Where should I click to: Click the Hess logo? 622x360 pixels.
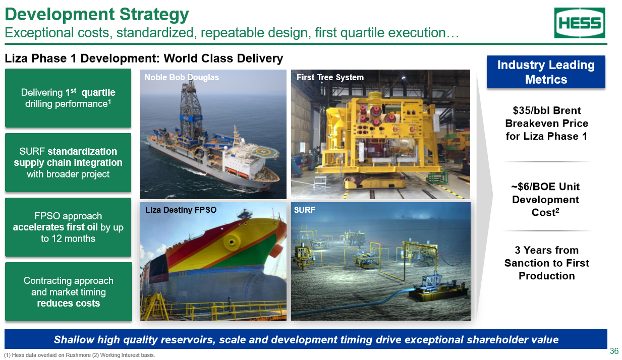[580, 23]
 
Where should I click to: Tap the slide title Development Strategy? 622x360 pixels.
[97, 14]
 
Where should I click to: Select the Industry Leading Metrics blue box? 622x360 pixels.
[546, 72]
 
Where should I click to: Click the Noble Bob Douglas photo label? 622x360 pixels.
[182, 77]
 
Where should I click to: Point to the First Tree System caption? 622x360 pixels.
[330, 77]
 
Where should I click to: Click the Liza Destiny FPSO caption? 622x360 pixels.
[181, 210]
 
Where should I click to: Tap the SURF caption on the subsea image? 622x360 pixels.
[305, 210]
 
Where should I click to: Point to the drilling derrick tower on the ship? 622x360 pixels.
[191, 108]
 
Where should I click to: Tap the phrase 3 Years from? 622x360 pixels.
[546, 250]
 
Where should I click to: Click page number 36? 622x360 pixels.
[614, 351]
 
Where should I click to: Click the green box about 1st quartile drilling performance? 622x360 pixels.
[68, 98]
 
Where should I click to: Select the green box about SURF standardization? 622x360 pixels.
[68, 163]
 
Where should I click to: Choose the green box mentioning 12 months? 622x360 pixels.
[68, 227]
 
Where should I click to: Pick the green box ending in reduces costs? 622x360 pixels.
[69, 292]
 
